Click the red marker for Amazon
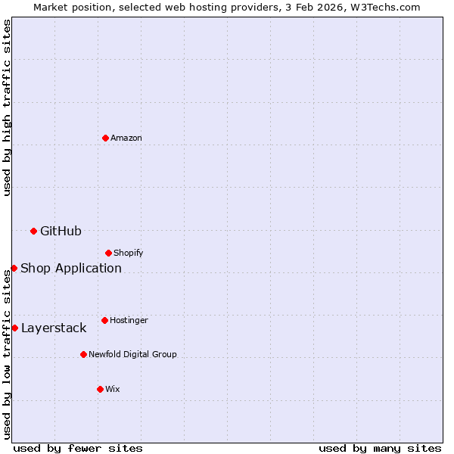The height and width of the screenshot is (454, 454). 105,138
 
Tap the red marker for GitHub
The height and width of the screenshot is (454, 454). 33,231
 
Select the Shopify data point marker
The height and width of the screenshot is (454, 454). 108,253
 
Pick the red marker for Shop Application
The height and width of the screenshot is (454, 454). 14,268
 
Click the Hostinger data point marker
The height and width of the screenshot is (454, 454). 104,320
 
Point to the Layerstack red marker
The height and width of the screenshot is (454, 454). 14,328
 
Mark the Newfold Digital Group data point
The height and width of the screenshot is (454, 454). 83,354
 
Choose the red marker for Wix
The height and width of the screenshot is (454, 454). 100,389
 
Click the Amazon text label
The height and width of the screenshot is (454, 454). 126,138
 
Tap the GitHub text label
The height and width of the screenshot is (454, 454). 61,231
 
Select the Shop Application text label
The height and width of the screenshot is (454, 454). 71,268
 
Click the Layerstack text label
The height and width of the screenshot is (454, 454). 54,328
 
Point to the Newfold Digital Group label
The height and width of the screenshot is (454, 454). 132,354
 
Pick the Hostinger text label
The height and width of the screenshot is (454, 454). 129,320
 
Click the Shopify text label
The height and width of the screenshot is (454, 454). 129,253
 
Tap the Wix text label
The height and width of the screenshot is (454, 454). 112,389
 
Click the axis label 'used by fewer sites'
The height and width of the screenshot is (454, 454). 78,448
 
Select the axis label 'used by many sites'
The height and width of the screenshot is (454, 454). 380,448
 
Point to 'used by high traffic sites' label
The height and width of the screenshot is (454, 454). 7,107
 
